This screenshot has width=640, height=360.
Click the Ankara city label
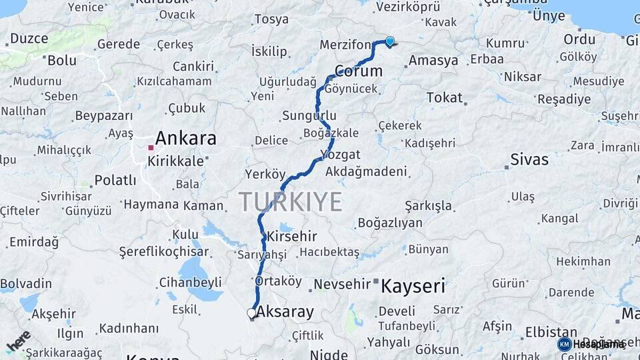click(x=185, y=139)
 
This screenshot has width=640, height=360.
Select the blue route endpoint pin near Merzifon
click(x=389, y=41)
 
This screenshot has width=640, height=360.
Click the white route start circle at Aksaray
click(x=251, y=312)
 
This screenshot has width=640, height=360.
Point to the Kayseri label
click(x=413, y=287)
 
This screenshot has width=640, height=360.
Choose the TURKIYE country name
click(x=291, y=201)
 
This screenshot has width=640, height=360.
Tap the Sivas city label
click(x=529, y=159)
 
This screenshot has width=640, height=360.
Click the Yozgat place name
click(x=340, y=155)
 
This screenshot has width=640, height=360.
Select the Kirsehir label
click(x=291, y=237)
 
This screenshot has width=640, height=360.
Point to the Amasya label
click(x=433, y=61)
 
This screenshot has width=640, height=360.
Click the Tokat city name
click(x=444, y=98)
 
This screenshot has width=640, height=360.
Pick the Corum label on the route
click(x=359, y=71)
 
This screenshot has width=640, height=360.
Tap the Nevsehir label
click(x=342, y=285)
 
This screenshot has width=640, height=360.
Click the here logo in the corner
click(x=18, y=341)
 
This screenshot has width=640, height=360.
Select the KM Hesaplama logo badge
click(x=592, y=344)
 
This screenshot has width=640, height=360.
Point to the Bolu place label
click(x=62, y=61)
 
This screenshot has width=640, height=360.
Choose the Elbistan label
click(x=551, y=332)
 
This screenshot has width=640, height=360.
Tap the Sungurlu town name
click(x=309, y=115)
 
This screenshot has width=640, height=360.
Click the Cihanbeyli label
click(x=191, y=283)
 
